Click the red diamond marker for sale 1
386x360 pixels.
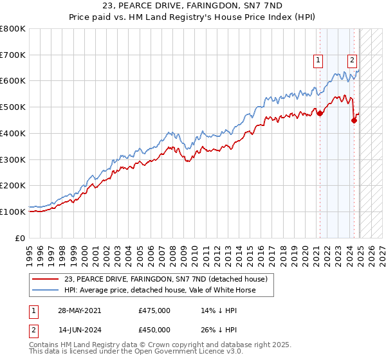320,113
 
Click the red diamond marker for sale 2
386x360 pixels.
354,120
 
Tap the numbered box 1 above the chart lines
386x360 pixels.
318,61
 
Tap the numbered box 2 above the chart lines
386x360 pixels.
353,61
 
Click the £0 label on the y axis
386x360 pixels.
21,238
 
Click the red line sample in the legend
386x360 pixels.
45,278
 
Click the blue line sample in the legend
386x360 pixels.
45,290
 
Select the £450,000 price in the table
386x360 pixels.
154,332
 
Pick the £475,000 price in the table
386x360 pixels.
154,310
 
